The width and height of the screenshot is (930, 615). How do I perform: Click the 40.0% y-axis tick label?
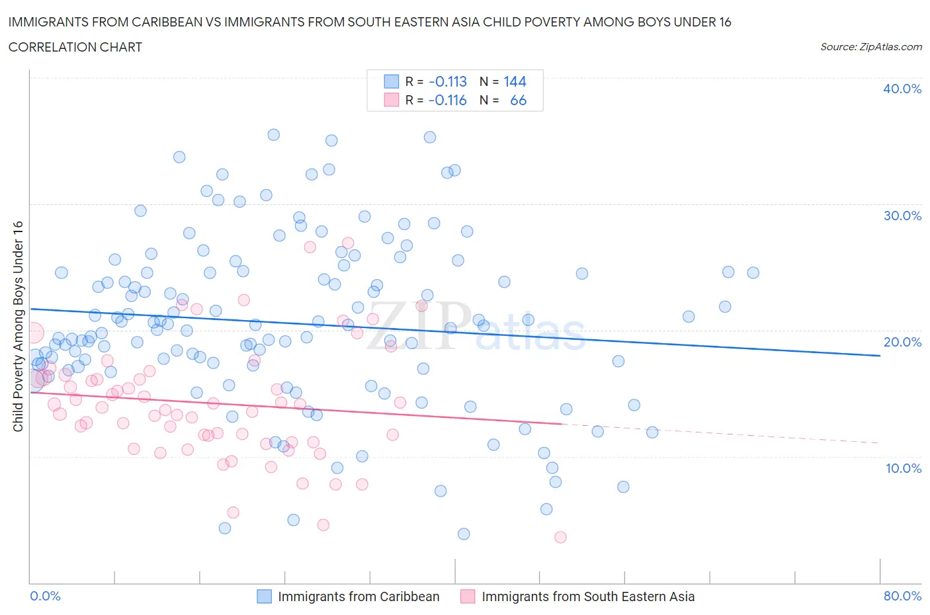pos(902,89)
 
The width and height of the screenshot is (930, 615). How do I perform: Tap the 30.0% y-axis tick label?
pos(902,216)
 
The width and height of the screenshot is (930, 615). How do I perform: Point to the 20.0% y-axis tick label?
pos(902,342)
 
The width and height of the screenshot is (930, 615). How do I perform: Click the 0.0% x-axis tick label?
pos(46,596)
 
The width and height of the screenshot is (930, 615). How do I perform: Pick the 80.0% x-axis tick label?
pos(902,596)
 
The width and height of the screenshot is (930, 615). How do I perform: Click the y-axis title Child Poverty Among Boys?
pos(18,326)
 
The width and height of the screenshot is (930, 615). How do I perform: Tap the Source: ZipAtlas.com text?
pos(870,46)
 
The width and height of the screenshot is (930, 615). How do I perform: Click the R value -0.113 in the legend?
pos(448,81)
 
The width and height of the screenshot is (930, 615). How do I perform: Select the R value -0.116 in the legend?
pos(448,100)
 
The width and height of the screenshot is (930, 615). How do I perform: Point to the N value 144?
pos(515,81)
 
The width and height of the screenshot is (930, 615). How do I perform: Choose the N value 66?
pos(518,100)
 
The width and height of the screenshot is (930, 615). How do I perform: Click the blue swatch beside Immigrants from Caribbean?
pos(264,596)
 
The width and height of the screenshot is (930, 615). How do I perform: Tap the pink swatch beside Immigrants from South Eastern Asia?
pos(468,596)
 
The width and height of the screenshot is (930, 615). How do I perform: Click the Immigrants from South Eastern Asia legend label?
pos(588,596)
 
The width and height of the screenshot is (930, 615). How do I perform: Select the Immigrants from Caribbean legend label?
pos(359,596)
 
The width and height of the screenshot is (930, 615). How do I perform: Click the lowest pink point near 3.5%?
pos(560,537)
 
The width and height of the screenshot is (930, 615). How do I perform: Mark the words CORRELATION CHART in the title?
pos(75,47)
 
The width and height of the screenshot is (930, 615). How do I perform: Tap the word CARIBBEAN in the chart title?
pos(128,22)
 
